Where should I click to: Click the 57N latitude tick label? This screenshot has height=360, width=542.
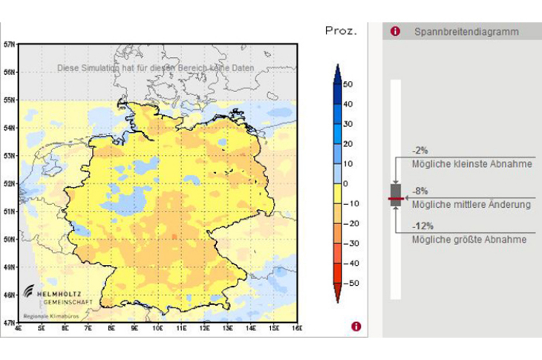click(x=9, y=44)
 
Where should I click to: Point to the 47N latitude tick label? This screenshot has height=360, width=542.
click(x=9, y=322)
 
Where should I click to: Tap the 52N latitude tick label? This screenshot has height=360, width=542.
click(x=9, y=183)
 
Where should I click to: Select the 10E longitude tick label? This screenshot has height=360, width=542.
click(x=157, y=327)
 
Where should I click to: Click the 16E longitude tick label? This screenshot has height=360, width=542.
click(x=296, y=327)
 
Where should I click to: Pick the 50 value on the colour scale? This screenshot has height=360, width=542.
click(x=348, y=84)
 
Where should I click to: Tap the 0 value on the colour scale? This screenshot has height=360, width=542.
click(x=346, y=183)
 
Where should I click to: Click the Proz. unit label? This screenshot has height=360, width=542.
click(x=341, y=31)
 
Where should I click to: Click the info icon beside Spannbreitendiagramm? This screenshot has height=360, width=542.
click(x=395, y=32)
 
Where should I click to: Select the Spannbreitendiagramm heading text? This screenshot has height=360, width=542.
click(x=466, y=32)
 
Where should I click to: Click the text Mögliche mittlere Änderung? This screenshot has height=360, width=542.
click(x=471, y=204)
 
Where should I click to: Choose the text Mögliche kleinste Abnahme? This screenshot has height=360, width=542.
click(x=471, y=164)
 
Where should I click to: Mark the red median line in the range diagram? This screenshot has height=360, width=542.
click(x=395, y=200)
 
